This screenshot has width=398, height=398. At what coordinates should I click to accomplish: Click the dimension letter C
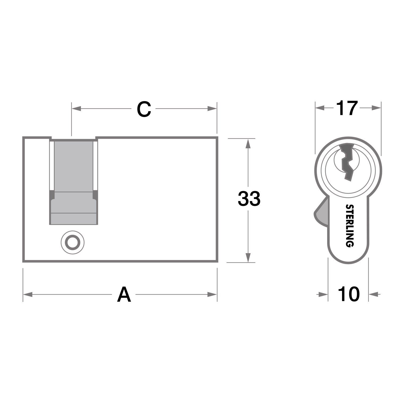(144, 109)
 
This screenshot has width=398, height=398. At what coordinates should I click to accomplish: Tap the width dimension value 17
(347, 108)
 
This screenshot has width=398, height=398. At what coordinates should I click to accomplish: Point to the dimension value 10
(349, 294)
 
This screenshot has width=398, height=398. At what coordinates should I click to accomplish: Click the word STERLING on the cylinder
(350, 226)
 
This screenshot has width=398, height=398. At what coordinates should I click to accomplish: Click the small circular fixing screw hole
(72, 242)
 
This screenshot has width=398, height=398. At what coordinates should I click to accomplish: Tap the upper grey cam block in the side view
(74, 166)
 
